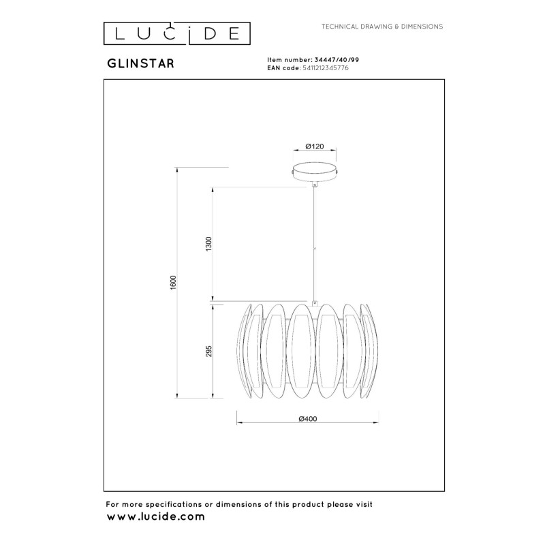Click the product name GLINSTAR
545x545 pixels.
140,62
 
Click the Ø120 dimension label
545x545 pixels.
314,146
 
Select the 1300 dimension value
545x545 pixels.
209,245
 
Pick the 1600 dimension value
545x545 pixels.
174,283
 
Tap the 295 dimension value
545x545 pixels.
209,351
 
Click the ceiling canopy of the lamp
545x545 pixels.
314,171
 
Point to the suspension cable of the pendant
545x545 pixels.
314,245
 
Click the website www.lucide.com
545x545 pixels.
156,517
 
